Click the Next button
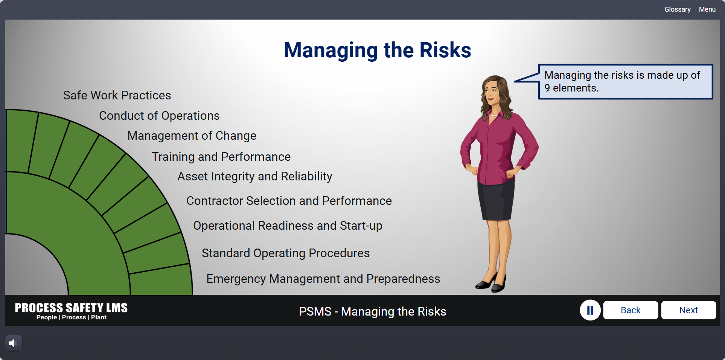688,310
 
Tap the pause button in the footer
590,310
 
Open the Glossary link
677,9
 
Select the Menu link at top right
707,9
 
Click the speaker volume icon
13,343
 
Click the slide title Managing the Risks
377,50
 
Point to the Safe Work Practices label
117,95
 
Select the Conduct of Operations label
159,116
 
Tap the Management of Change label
192,136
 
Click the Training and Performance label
221,157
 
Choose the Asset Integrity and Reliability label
255,176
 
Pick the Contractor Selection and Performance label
289,201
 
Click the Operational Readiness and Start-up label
288,226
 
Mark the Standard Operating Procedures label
286,253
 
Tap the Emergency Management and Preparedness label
323,279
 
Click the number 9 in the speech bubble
547,88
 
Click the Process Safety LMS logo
71,311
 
